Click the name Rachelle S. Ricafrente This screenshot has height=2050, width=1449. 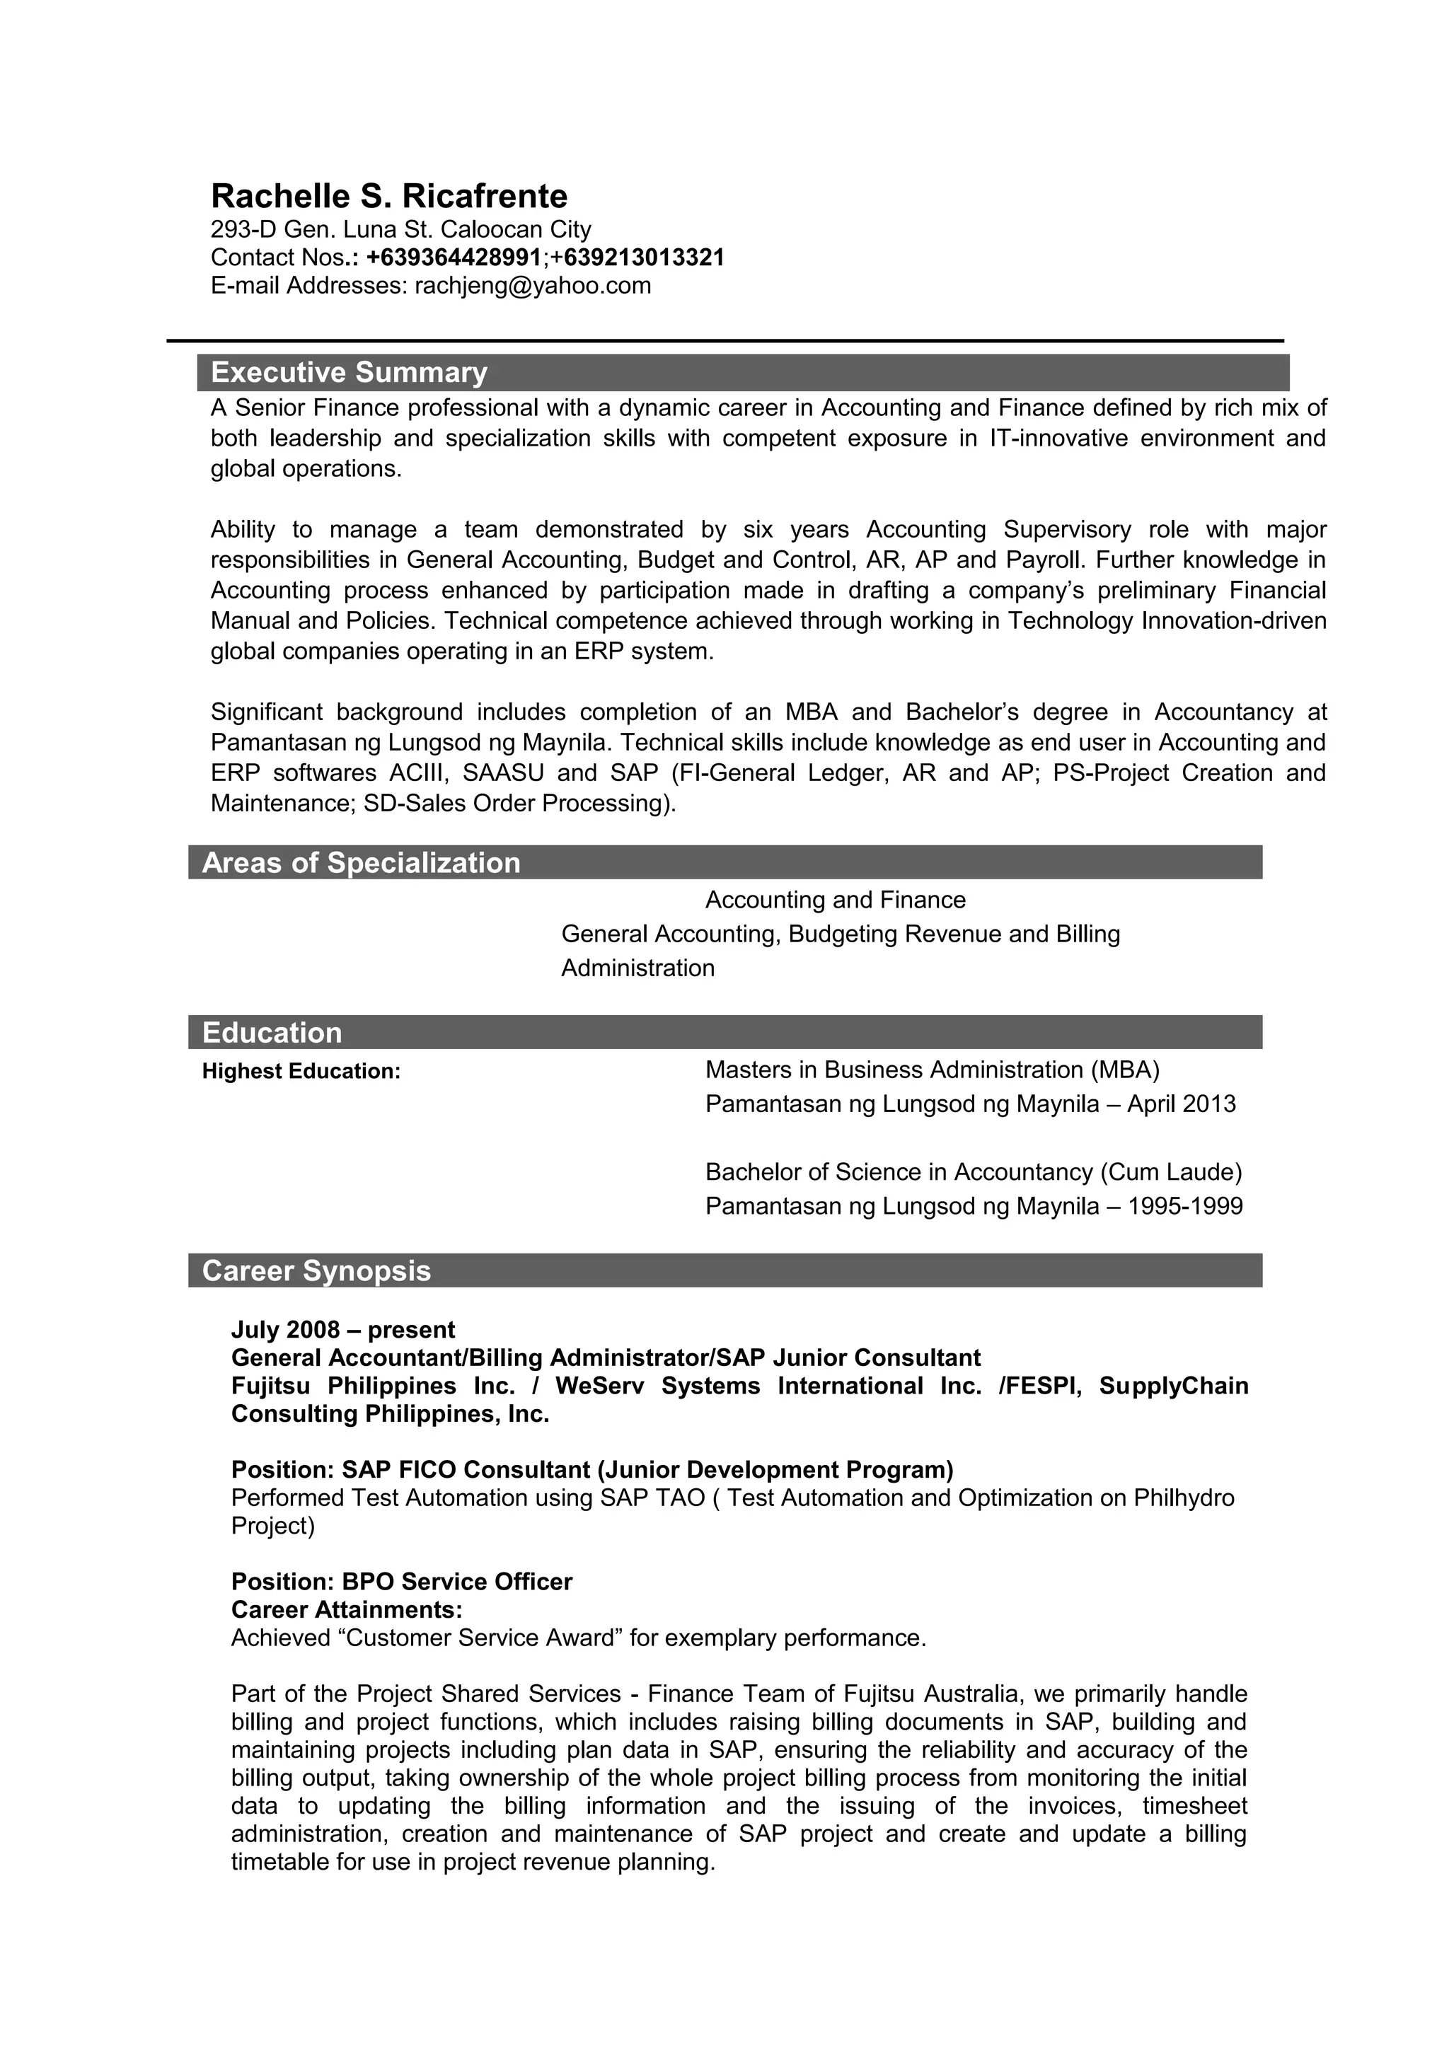[388, 195]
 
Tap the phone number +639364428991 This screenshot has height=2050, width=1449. [454, 258]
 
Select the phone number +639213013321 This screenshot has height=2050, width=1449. [637, 258]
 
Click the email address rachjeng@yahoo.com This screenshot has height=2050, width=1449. [533, 286]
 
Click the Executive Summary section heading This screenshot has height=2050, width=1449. [349, 372]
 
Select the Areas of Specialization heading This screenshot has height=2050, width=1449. [361, 862]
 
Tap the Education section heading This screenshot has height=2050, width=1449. [272, 1032]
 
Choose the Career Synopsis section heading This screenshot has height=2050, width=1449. [316, 1270]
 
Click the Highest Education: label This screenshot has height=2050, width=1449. [301, 1070]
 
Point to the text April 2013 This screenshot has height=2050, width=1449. [1181, 1104]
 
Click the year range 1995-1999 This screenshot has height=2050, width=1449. [1184, 1206]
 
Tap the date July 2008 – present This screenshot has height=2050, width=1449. [343, 1329]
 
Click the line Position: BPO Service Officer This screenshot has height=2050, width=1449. [401, 1581]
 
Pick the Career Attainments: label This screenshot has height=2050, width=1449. [347, 1609]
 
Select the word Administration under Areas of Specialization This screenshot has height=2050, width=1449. [637, 968]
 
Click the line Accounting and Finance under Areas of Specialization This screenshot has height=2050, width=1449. [835, 899]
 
